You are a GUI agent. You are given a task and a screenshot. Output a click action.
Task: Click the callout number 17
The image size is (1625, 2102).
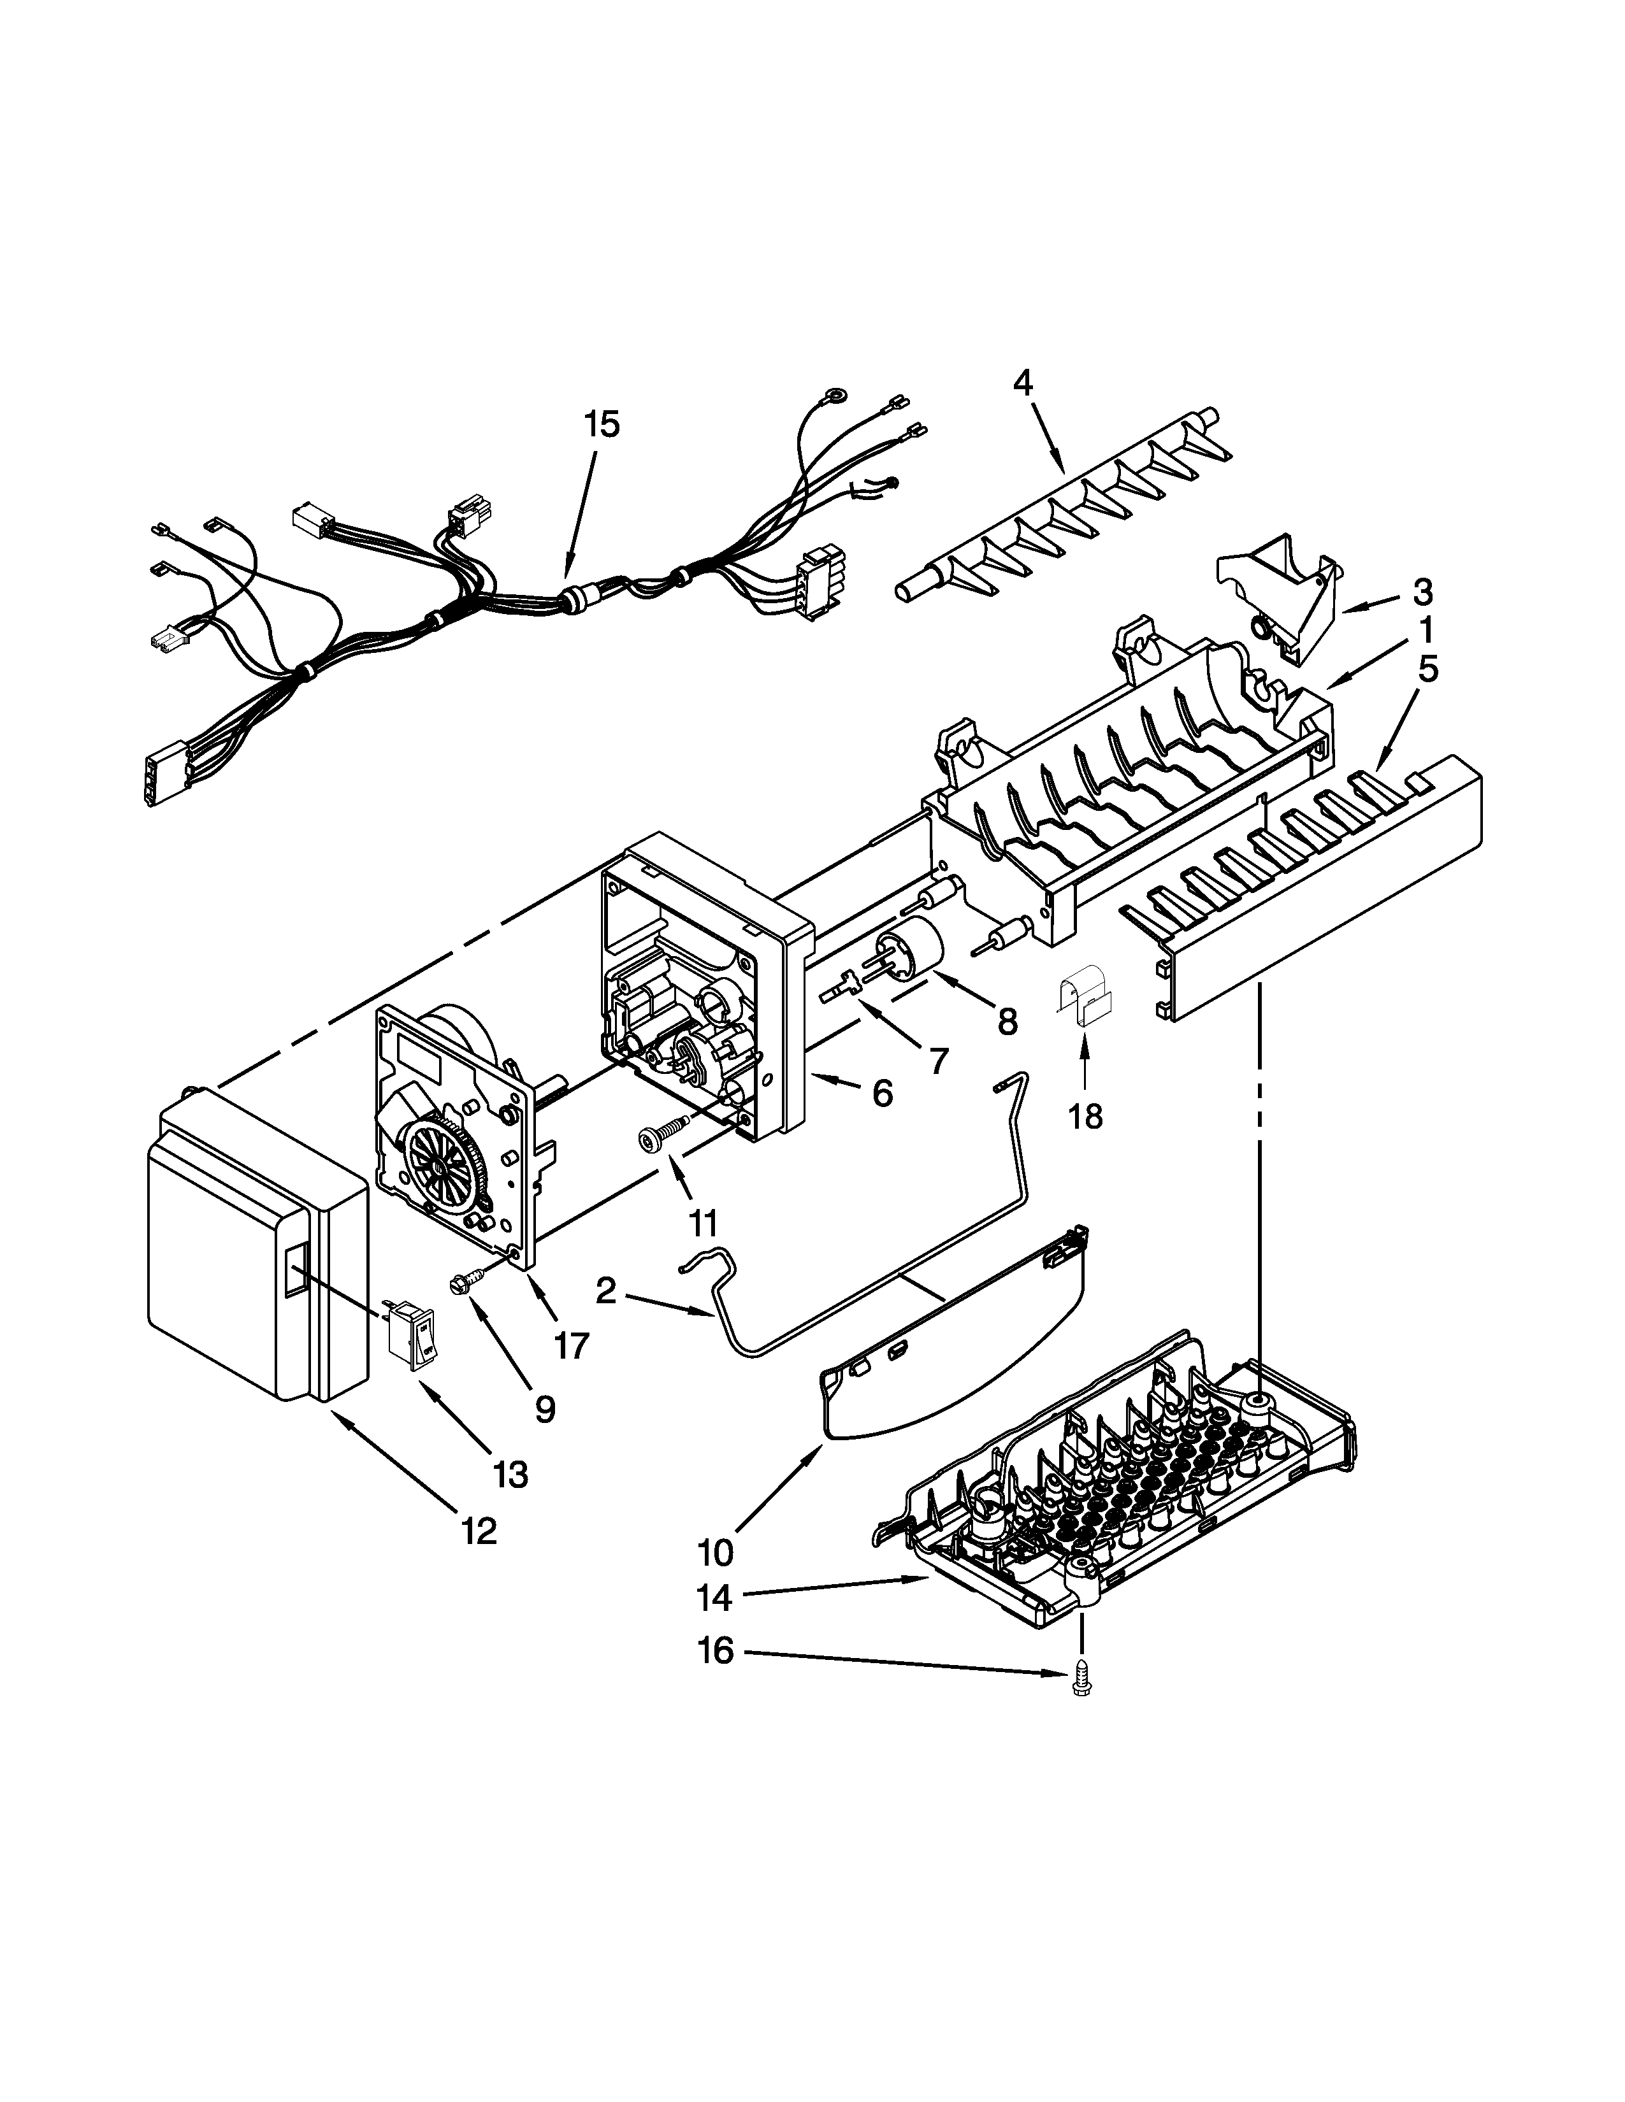(571, 1345)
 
